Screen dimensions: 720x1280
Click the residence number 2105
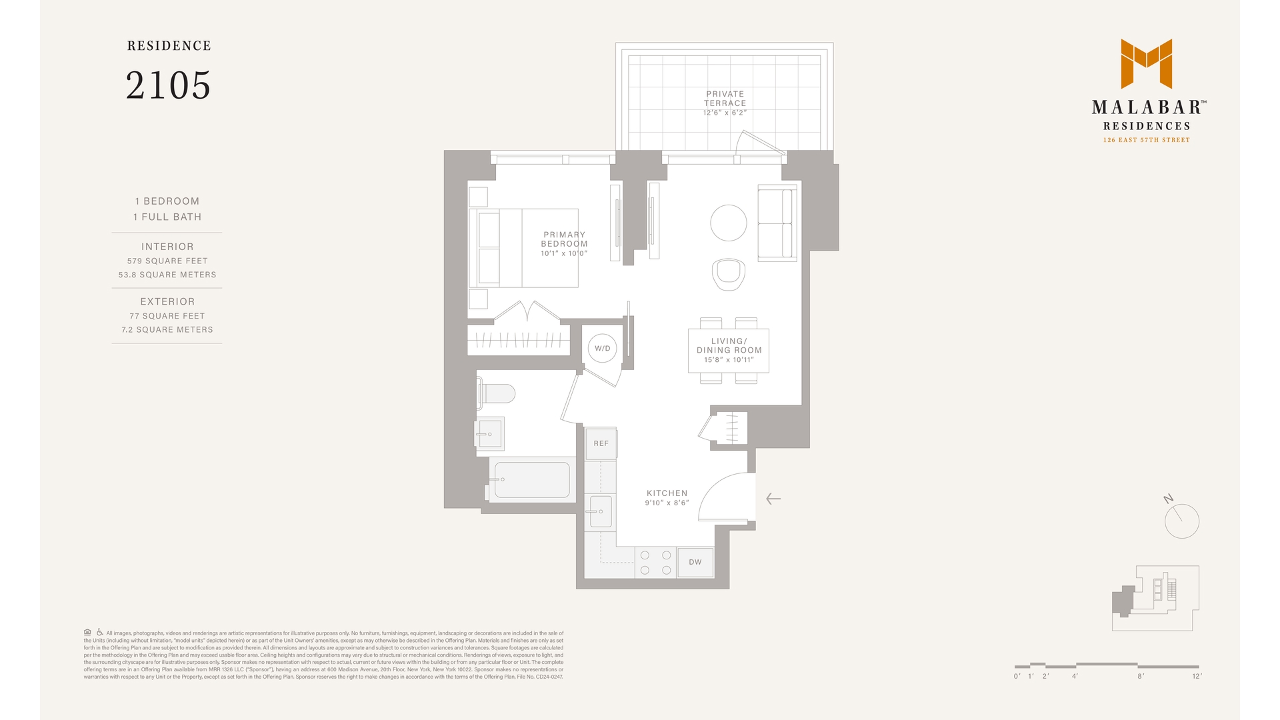[168, 85]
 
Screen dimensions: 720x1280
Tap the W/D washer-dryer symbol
[602, 348]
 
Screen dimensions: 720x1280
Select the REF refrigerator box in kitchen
[601, 443]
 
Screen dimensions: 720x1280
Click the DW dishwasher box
[695, 562]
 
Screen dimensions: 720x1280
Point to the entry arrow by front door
[773, 499]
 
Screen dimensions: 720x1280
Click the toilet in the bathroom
[497, 393]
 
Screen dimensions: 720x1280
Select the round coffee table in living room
[728, 223]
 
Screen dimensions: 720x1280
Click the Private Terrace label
[725, 99]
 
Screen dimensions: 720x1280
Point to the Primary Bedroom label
[564, 239]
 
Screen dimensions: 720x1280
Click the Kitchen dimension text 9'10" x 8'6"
[667, 503]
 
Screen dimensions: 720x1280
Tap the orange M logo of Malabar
[1146, 63]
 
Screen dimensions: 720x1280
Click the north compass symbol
[1181, 520]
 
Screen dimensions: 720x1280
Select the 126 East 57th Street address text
[1146, 140]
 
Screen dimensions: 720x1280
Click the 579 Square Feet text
[167, 261]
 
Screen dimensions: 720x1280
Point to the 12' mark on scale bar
[1197, 676]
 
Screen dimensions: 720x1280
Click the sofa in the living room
[777, 223]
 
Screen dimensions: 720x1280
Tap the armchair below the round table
[728, 274]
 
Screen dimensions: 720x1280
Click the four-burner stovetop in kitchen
[655, 562]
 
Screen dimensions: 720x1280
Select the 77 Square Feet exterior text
[167, 316]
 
